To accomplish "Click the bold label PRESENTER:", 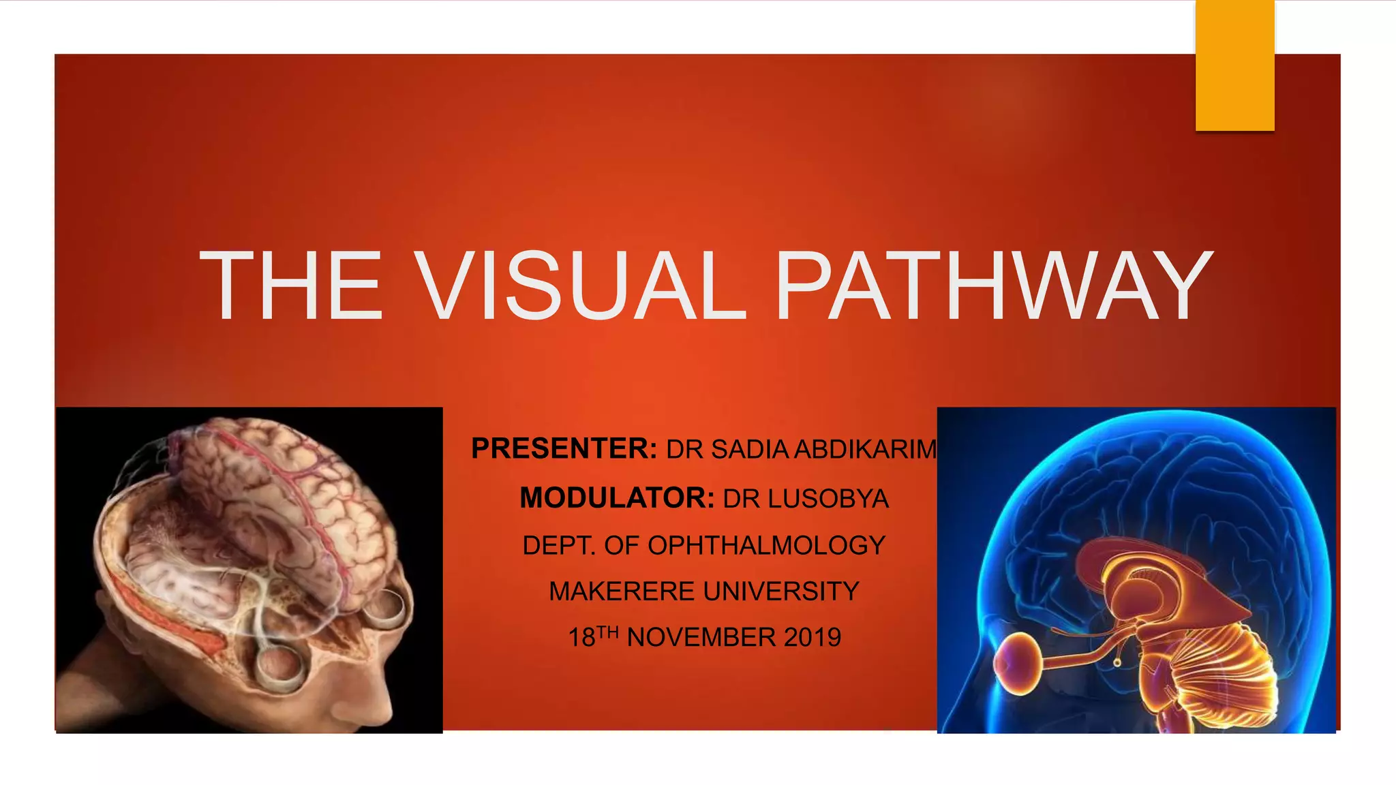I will point(564,449).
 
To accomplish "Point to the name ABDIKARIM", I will point(866,450).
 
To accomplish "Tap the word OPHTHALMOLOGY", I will point(766,545).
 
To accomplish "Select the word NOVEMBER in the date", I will point(701,638).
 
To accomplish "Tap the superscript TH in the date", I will point(607,632).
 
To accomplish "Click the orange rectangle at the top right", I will point(1234,65).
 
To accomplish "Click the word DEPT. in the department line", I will point(559,545).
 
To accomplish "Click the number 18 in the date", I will point(581,638).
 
